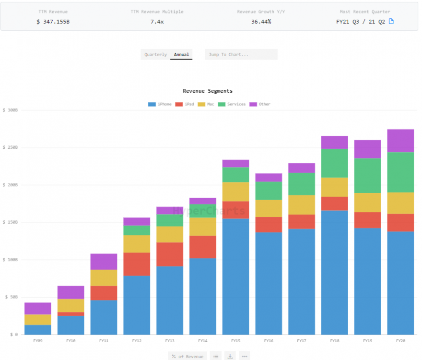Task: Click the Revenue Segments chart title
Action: tap(208, 91)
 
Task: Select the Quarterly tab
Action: tap(155, 55)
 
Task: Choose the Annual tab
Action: tap(181, 55)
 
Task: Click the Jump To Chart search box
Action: tap(241, 55)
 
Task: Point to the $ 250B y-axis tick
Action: tap(10, 148)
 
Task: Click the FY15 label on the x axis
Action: tap(235, 341)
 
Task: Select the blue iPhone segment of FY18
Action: tap(334, 272)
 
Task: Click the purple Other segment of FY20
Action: tap(400, 141)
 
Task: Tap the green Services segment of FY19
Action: tap(367, 176)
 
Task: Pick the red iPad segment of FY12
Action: tap(137, 264)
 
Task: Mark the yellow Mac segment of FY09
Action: tap(38, 320)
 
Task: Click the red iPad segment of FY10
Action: tap(71, 314)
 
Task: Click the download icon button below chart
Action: tap(230, 356)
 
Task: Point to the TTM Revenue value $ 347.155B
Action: tap(53, 22)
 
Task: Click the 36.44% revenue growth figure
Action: tap(261, 22)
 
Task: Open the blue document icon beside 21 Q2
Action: tap(391, 22)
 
